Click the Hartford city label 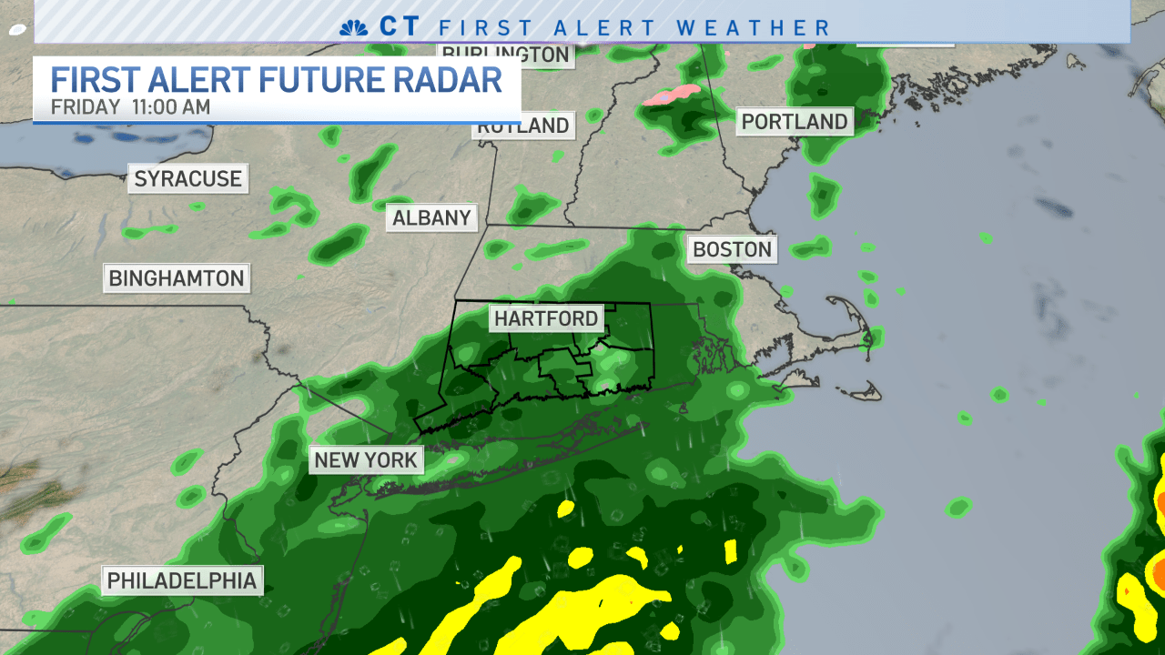(x=546, y=318)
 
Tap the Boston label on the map (x=732, y=249)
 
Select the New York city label (x=366, y=460)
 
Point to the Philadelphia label (x=182, y=580)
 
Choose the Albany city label (x=432, y=217)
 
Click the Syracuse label (x=188, y=178)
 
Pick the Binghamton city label (x=177, y=277)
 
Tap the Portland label (x=795, y=121)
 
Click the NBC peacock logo (x=353, y=27)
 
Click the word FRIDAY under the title (x=86, y=106)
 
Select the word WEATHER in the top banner (x=755, y=27)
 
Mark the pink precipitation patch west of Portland (x=672, y=95)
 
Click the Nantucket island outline (x=861, y=393)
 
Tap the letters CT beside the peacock (x=400, y=26)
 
